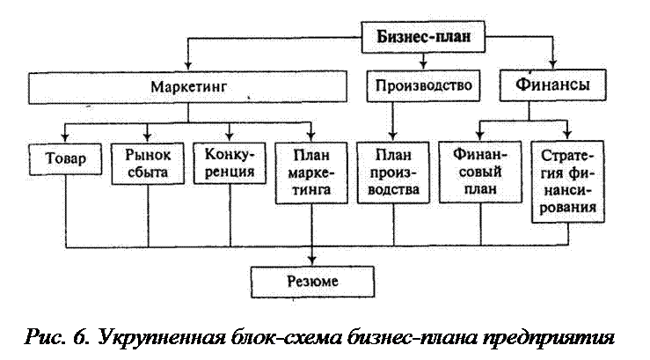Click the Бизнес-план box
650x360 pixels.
[423, 37]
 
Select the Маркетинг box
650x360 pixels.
[187, 87]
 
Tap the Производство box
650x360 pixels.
[423, 85]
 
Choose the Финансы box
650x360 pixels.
[552, 85]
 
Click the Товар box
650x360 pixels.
[65, 159]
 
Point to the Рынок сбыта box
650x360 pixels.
[148, 164]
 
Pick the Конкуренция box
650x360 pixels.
[230, 163]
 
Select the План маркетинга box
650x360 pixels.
[311, 173]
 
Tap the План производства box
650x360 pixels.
[393, 173]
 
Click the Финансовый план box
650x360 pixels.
[480, 172]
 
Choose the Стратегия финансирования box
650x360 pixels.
[567, 181]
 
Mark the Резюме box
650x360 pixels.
[312, 282]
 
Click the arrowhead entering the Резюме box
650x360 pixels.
[312, 261]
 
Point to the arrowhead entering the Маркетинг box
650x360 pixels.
[188, 65]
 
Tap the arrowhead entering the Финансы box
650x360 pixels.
[552, 64]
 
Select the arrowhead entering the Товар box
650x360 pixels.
[65, 137]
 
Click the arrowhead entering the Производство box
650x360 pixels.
[423, 64]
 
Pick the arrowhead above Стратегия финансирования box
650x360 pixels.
[567, 135]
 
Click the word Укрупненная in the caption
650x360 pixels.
[162, 338]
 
